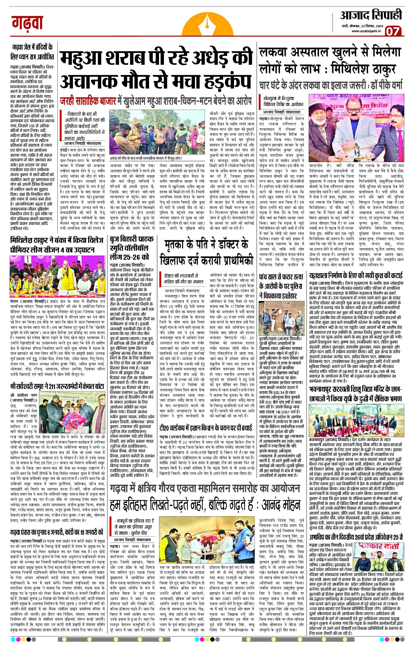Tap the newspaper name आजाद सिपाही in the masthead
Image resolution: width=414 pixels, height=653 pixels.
coord(371,15)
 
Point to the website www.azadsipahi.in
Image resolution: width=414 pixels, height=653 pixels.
coord(367,31)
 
